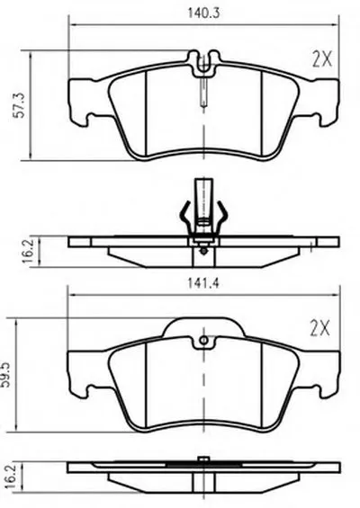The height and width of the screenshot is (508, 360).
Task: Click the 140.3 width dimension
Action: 203,13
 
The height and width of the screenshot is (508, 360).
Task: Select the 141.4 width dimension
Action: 203,283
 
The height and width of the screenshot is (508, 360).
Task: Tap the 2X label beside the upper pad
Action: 322,59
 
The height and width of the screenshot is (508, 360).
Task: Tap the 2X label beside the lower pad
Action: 319,328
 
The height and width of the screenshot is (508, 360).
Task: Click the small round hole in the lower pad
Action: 204,340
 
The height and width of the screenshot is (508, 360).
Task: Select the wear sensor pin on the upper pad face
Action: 203,92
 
